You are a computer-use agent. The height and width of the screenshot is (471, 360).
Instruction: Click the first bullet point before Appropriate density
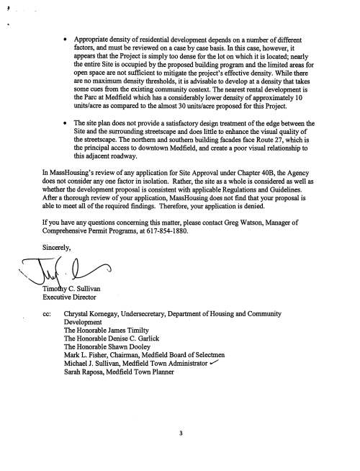(x=66, y=34)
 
